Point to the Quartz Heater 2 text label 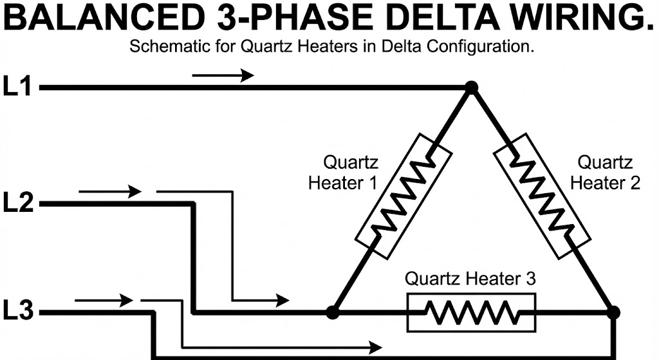[x=605, y=173]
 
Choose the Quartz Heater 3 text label [x=470, y=279]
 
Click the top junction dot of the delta [x=472, y=88]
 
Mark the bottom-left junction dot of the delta [x=332, y=312]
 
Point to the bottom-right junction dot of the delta [x=613, y=312]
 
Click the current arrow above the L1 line [x=223, y=75]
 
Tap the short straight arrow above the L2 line [x=109, y=191]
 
